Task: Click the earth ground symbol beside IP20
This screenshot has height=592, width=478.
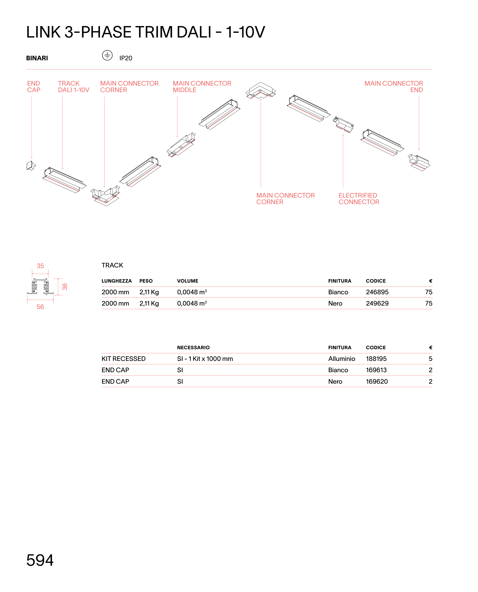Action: [x=107, y=55]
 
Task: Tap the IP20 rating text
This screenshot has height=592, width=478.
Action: [x=126, y=58]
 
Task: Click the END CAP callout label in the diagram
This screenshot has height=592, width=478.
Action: [x=34, y=87]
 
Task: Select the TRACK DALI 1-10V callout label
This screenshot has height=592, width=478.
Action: [x=74, y=87]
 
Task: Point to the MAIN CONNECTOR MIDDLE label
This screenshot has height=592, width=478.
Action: [x=202, y=87]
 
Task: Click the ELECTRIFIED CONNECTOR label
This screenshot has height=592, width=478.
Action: [x=359, y=199]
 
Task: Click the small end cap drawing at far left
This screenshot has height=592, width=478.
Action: [x=31, y=165]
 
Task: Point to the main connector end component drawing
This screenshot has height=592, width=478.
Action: [x=418, y=163]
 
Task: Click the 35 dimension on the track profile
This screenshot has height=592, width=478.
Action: [x=40, y=266]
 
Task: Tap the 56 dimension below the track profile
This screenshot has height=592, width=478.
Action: [x=40, y=307]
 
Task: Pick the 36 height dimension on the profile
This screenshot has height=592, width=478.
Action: [x=65, y=287]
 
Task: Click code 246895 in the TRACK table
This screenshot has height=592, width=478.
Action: [x=377, y=292]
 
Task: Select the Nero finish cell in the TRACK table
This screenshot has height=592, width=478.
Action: [x=335, y=303]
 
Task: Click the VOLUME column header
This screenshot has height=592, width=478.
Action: [x=188, y=281]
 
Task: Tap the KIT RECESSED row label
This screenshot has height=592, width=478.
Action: [x=123, y=359]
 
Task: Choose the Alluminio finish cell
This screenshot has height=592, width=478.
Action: [x=342, y=359]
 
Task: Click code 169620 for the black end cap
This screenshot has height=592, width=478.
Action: [x=377, y=381]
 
